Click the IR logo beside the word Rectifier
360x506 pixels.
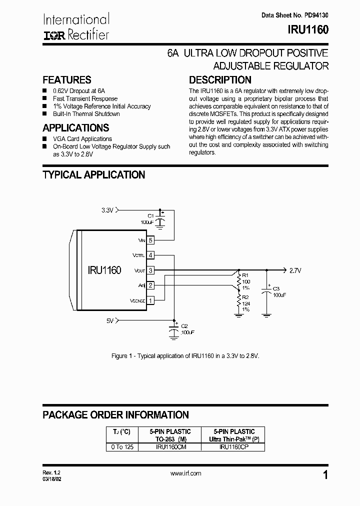coord(52,35)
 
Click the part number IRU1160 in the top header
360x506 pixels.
coord(308,30)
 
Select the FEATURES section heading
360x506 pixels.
coord(67,80)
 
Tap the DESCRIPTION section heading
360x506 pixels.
coord(220,80)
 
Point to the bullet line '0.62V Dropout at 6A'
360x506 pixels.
coord(79,91)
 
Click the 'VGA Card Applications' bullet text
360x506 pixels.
coord(82,139)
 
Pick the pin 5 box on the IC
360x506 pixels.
coord(150,240)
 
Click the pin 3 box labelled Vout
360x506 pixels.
coord(150,270)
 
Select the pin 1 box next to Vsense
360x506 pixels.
coord(150,300)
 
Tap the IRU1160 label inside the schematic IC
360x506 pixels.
coord(104,270)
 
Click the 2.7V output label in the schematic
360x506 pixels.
coord(295,270)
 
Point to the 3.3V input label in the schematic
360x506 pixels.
coord(107,210)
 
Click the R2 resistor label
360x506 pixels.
coord(245,297)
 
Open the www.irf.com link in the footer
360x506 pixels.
coord(185,473)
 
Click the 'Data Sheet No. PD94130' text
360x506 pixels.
coord(295,15)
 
